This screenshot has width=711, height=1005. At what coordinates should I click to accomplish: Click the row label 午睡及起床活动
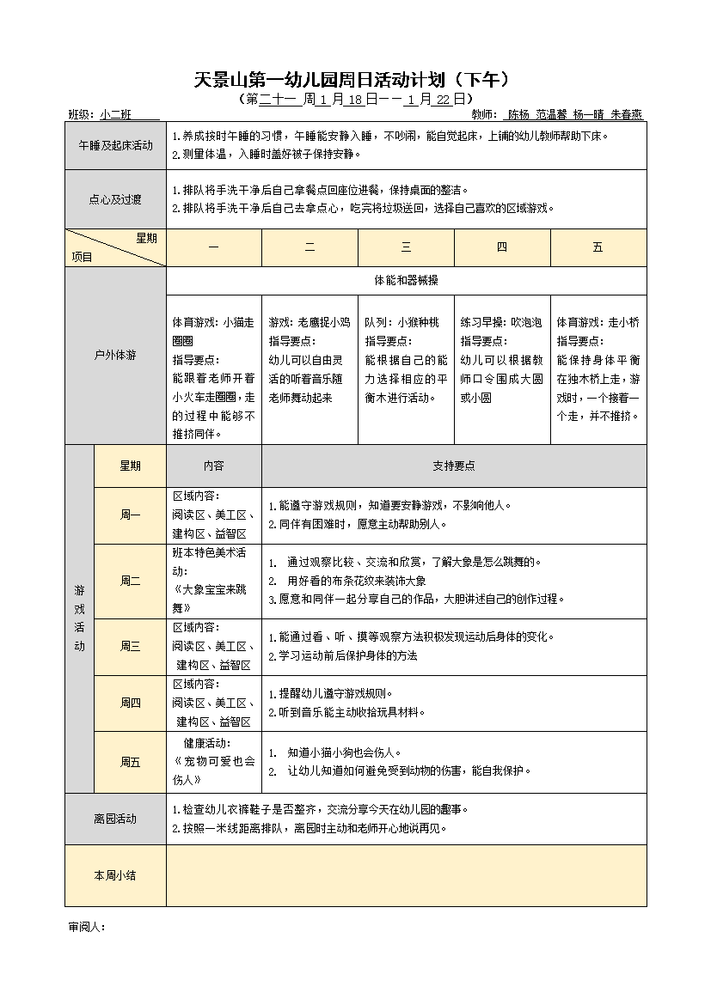tap(115, 146)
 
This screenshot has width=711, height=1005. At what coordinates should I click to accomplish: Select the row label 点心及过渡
tap(115, 199)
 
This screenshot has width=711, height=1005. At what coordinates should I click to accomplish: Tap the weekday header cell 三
tap(406, 247)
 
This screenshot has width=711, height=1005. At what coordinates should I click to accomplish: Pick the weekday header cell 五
tap(598, 247)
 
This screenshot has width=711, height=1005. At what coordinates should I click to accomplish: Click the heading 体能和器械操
tap(406, 281)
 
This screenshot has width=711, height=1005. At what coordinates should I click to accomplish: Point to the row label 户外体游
tap(115, 355)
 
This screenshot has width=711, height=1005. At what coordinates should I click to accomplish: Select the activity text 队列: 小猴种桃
tap(401, 323)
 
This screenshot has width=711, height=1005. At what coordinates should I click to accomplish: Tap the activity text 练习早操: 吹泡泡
tap(500, 323)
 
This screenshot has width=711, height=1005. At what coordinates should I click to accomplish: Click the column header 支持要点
tap(453, 466)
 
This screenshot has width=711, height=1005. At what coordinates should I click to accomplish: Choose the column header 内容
tap(213, 466)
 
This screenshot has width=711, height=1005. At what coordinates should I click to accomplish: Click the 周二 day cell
tap(130, 581)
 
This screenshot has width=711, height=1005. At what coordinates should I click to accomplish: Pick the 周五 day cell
tap(130, 762)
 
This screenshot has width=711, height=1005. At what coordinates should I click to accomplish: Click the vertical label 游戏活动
tap(79, 618)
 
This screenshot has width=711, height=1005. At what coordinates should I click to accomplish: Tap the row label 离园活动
tap(115, 819)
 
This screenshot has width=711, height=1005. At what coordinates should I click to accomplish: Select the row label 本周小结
tap(115, 875)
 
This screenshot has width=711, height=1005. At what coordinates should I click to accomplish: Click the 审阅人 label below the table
tap(86, 928)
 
